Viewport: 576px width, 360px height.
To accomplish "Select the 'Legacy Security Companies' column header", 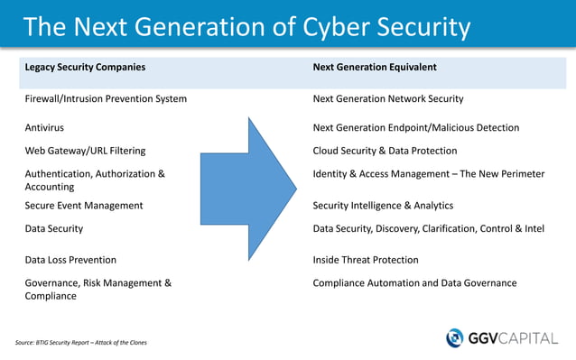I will point(85,67).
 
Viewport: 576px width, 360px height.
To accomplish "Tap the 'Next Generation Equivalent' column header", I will point(375,67).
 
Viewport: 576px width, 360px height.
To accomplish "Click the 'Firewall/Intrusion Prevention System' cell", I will point(106,98).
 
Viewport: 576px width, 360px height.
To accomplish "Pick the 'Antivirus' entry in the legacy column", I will point(44,128).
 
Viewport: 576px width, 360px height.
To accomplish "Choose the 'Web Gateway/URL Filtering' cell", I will point(85,151).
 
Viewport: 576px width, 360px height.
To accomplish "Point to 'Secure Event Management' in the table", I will point(83,206).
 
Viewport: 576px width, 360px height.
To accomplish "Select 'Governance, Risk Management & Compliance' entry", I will point(98,290).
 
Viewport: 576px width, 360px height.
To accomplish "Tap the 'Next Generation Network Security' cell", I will point(388,98).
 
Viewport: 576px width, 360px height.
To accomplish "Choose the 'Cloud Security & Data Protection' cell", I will point(385,151).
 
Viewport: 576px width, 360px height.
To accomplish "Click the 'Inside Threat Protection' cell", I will point(366,260).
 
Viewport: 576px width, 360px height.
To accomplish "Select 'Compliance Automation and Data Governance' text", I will point(414,283).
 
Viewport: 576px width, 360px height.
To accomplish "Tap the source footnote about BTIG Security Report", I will point(80,343).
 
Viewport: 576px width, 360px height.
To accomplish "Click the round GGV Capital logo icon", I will point(455,337).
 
